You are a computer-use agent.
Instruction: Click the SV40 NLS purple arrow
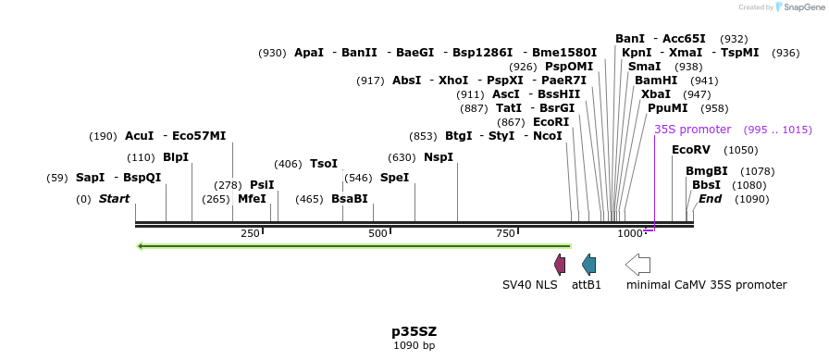pos(560,264)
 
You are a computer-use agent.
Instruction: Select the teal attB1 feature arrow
pos(588,264)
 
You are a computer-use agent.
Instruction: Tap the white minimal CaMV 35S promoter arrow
pos(637,264)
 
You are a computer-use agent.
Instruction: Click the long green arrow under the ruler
pos(353,246)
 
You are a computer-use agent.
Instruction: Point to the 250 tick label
pos(250,233)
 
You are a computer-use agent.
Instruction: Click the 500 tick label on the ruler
pos(377,233)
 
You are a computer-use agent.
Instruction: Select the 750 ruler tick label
pos(505,233)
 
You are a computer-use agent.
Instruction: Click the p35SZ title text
pos(414,330)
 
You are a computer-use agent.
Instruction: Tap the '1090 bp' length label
pos(414,345)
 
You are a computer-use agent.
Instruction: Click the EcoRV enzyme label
pos(689,150)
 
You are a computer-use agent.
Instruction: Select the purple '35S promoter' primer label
pos(692,130)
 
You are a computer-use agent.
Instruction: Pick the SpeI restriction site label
pos(394,178)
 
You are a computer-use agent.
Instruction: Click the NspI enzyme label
pos(439,157)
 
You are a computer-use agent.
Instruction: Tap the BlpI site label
pos(176,157)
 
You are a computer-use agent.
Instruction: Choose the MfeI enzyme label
pos(252,199)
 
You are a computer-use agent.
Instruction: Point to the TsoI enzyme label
pos(324,164)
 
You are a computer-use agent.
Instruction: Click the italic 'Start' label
pos(114,199)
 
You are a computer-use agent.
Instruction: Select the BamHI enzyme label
pos(656,81)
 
